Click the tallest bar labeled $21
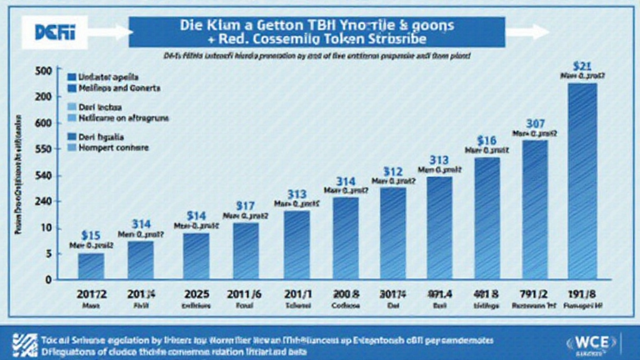[x=582, y=181]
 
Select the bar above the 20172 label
[x=91, y=266]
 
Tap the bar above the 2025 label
[x=196, y=256]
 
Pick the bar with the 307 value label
[x=534, y=209]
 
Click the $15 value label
[x=91, y=236]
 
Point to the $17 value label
[x=245, y=204]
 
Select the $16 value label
[x=486, y=140]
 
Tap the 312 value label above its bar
[x=392, y=171]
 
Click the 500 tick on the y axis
[x=42, y=70]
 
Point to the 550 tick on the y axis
[x=42, y=150]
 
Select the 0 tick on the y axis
[x=47, y=280]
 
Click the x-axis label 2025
[x=196, y=295]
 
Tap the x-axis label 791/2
[x=534, y=295]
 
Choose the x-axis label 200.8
[x=344, y=295]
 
